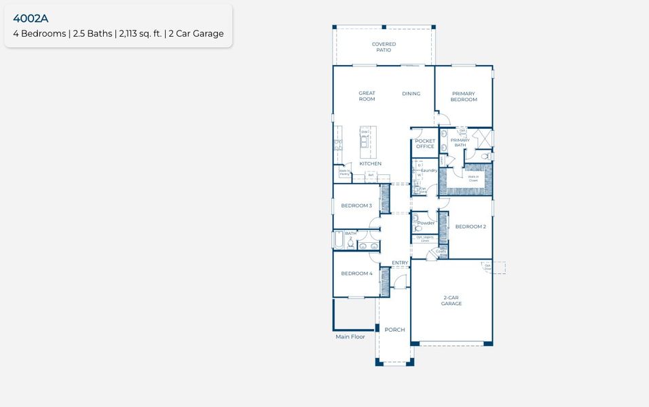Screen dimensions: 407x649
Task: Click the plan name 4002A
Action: pos(31,18)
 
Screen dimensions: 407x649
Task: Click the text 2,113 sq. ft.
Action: pos(140,34)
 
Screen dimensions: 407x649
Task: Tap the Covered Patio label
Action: pos(384,47)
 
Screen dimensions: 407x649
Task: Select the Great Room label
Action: pos(367,96)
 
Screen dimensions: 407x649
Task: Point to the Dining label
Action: pos(411,94)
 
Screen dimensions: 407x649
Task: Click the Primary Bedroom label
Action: pos(464,96)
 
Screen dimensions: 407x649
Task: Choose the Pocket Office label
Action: pos(425,144)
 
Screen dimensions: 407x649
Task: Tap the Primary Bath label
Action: pos(460,142)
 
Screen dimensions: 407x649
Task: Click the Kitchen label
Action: pos(370,163)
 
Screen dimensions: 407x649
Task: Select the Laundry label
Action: pos(429,170)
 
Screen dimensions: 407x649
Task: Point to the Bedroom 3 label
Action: pos(356,206)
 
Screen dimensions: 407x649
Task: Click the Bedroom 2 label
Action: pos(470,227)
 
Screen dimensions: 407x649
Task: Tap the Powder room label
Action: pos(426,223)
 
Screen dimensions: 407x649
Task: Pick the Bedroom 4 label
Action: pos(356,273)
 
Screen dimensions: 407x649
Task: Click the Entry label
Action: pos(400,263)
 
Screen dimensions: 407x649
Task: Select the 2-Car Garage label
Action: pos(451,301)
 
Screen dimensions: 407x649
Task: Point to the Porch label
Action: pos(394,330)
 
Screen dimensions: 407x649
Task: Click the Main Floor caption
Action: pos(350,336)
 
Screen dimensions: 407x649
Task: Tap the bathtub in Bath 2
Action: pos(338,241)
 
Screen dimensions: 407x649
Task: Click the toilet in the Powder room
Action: pos(418,229)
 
